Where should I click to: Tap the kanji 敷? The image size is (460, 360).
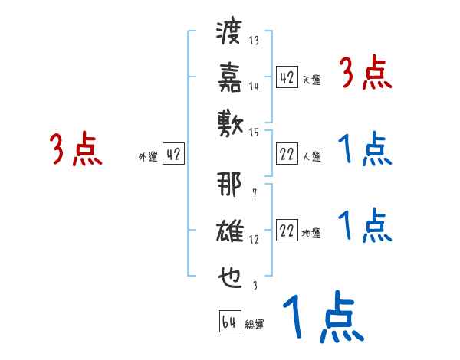(230, 121)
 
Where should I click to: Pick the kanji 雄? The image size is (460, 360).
(230, 230)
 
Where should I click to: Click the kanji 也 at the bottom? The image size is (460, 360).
(230, 273)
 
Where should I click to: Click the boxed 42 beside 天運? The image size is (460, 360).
(287, 77)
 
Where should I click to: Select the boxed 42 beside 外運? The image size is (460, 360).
(173, 155)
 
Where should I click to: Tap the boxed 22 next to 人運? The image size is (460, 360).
(287, 155)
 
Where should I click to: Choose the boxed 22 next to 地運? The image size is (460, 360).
(287, 231)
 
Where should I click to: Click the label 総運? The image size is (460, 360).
(255, 324)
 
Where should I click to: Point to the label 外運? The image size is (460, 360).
(148, 156)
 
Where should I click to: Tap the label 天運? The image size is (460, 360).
(311, 80)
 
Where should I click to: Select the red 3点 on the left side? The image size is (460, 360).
(76, 149)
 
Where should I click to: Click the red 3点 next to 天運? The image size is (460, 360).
(365, 74)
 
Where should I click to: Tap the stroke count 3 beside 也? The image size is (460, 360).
(254, 286)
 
